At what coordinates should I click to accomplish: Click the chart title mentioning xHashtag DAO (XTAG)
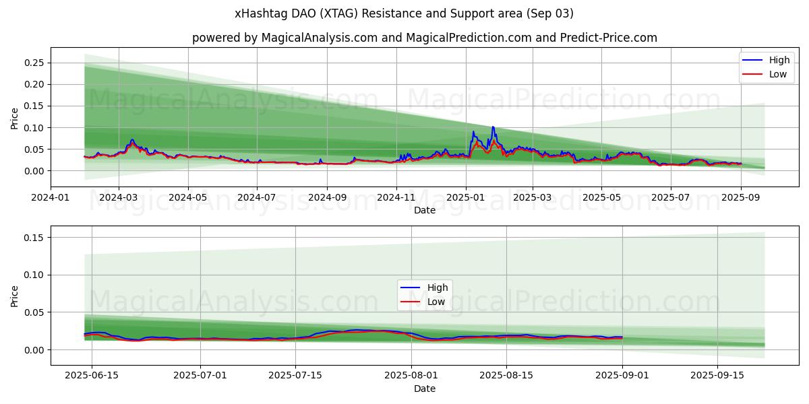[404, 13]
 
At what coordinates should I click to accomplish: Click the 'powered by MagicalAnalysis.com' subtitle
[425, 38]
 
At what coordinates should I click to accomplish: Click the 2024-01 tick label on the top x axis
[51, 197]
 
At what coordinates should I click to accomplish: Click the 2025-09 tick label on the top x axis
[741, 197]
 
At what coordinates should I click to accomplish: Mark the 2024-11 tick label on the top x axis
[396, 197]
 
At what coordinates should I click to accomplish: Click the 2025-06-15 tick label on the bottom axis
[92, 376]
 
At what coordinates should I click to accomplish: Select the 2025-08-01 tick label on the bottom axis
[411, 376]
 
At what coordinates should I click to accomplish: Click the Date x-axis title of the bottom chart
[425, 389]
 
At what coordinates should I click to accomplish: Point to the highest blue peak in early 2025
[493, 127]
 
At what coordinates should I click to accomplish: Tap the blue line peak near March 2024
[132, 140]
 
